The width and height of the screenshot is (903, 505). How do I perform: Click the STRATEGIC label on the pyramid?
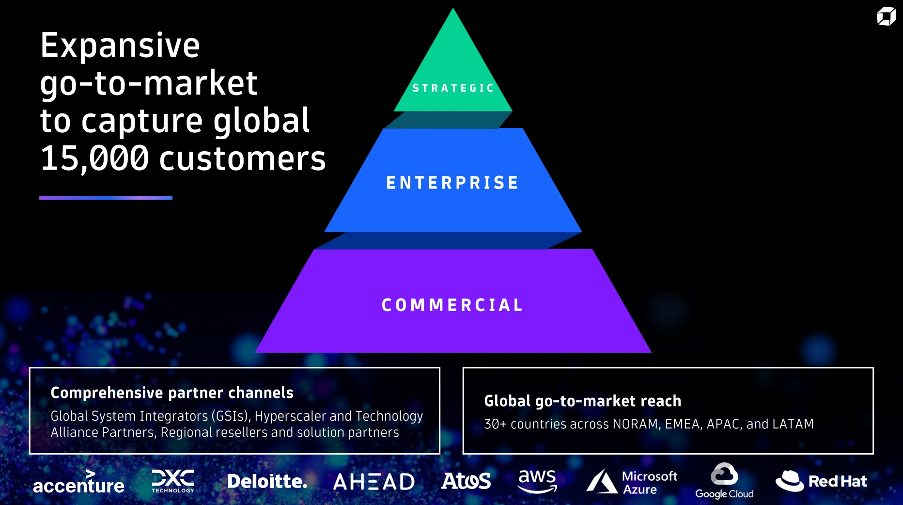[453, 88]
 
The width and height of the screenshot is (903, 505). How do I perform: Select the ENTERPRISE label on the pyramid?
[452, 183]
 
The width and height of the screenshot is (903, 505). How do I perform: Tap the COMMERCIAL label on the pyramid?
[452, 305]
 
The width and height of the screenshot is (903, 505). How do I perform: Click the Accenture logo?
[78, 482]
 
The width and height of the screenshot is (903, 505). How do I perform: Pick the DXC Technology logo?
[173, 481]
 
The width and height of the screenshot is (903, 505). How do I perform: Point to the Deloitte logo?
[267, 481]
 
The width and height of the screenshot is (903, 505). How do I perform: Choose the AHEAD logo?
[374, 482]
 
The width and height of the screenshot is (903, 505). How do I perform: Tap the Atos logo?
[466, 481]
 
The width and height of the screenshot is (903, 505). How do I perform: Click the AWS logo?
[537, 481]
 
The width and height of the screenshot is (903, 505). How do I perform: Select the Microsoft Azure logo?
[632, 481]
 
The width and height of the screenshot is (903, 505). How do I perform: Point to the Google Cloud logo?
[724, 481]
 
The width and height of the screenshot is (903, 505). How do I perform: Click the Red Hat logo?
[821, 481]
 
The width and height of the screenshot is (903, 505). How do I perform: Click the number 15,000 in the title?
[94, 158]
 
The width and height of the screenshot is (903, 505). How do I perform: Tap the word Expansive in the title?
[120, 45]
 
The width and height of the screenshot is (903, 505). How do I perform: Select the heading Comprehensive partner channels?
[172, 393]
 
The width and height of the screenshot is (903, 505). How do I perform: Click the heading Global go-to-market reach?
[583, 401]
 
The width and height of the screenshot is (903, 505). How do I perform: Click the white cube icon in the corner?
[886, 16]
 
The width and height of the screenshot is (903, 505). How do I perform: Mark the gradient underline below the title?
[106, 198]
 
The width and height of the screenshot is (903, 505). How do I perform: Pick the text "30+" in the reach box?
[496, 424]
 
